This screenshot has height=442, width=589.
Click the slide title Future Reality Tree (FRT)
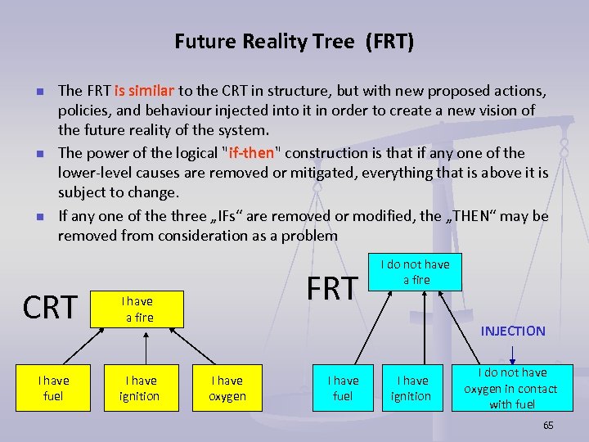point(294,41)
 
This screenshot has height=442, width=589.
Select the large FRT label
point(332,288)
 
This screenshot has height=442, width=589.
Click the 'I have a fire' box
point(139,309)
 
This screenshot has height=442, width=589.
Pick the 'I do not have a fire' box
point(416,272)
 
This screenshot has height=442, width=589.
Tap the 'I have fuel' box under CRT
point(54,388)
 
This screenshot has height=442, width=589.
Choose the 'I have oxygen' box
point(227,388)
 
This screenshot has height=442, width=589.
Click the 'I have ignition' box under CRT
point(141,388)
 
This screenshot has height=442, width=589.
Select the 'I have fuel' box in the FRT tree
point(343,388)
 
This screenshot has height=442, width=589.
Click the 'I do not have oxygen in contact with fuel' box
point(510,388)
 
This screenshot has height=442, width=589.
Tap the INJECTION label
point(512,331)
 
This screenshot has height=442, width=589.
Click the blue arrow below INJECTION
point(512,353)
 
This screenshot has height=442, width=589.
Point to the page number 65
point(548,426)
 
